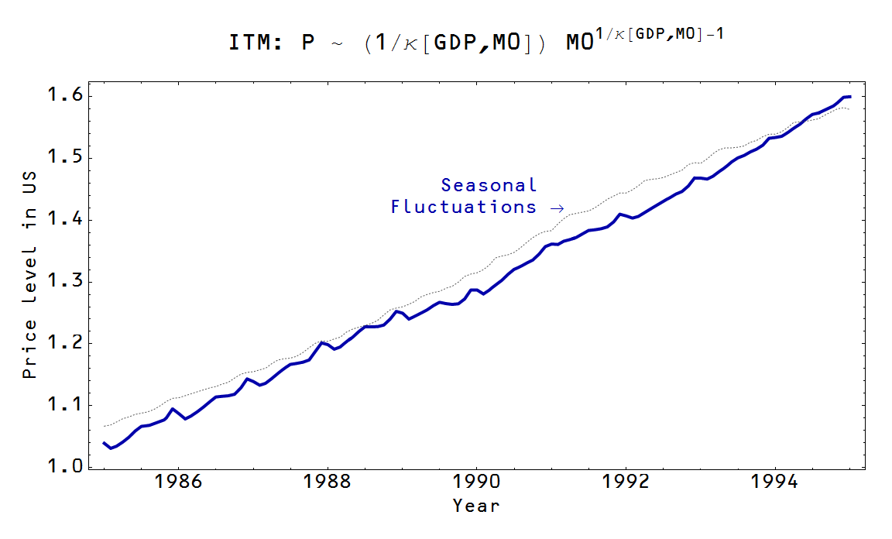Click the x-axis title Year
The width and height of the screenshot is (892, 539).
click(476, 506)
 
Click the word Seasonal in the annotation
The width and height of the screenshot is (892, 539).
click(489, 185)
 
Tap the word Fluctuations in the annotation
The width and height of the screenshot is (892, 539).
click(463, 207)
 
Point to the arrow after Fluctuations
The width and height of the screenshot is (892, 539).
click(554, 208)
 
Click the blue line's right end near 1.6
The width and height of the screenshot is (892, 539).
click(850, 97)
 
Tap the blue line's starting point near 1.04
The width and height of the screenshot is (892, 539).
click(105, 443)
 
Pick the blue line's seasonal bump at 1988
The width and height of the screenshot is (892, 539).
click(323, 342)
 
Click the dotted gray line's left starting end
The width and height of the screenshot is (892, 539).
click(105, 426)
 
